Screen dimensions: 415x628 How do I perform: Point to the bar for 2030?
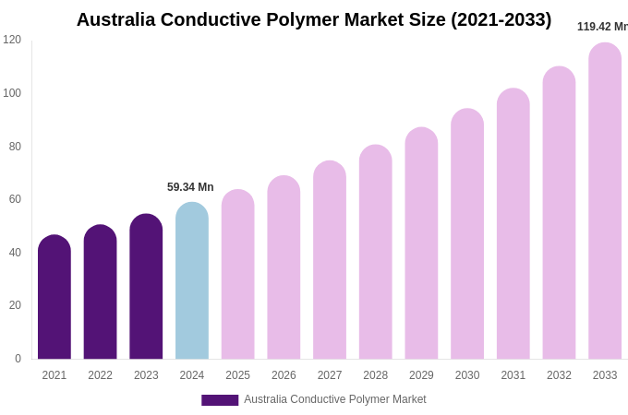click(467, 234)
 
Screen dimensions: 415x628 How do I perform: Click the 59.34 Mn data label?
click(190, 187)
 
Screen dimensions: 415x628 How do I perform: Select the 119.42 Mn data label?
click(602, 27)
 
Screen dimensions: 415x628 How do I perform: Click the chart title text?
click(314, 19)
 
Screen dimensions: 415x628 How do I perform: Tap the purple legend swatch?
click(220, 400)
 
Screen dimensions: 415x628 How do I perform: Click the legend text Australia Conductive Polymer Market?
click(335, 399)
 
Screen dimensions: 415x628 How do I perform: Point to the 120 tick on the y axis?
click(12, 40)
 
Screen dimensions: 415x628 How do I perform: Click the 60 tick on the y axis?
click(15, 199)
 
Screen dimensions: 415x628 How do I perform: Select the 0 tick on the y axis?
click(18, 359)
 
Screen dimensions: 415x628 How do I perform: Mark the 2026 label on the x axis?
click(284, 375)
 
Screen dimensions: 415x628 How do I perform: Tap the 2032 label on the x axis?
click(559, 375)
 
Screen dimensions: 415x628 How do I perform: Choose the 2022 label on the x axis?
click(100, 375)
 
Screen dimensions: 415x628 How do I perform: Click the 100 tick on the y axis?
click(12, 93)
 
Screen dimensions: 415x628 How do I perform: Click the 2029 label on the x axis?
click(421, 375)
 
